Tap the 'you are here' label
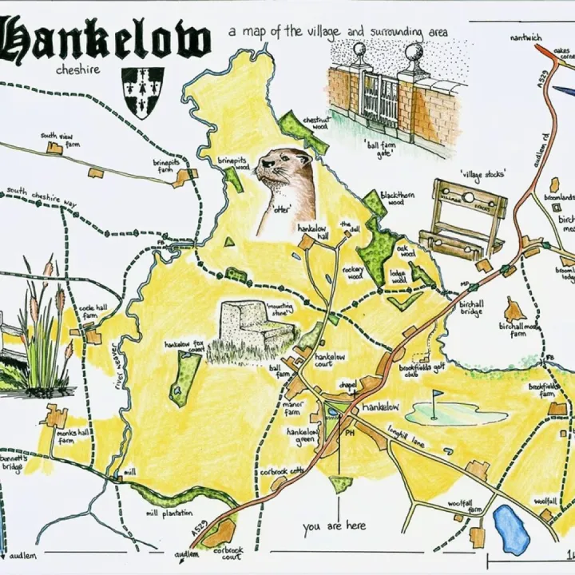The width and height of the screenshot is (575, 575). [335, 525]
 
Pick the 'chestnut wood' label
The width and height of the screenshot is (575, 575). [315, 122]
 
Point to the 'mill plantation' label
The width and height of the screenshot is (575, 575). [164, 514]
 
